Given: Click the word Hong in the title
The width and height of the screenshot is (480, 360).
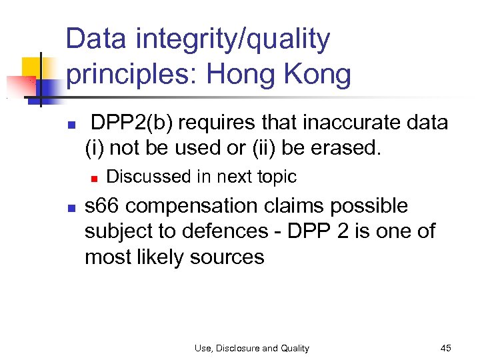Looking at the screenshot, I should click(242, 75).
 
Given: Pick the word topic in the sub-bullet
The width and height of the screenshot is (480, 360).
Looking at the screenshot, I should click(277, 177).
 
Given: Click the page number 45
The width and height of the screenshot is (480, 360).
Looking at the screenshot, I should click(446, 348).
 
